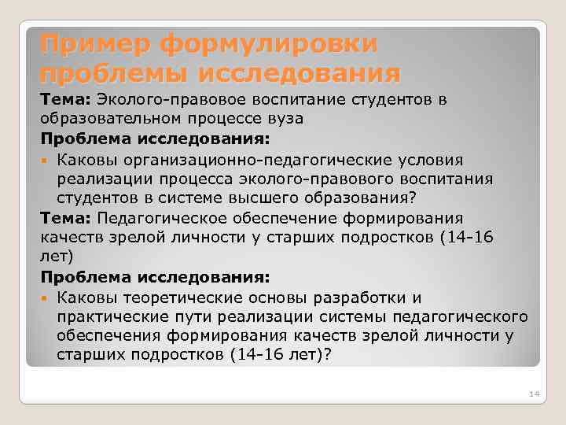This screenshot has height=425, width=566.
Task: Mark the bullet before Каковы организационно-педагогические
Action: click(x=47, y=160)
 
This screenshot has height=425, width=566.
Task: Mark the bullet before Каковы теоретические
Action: click(x=47, y=297)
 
